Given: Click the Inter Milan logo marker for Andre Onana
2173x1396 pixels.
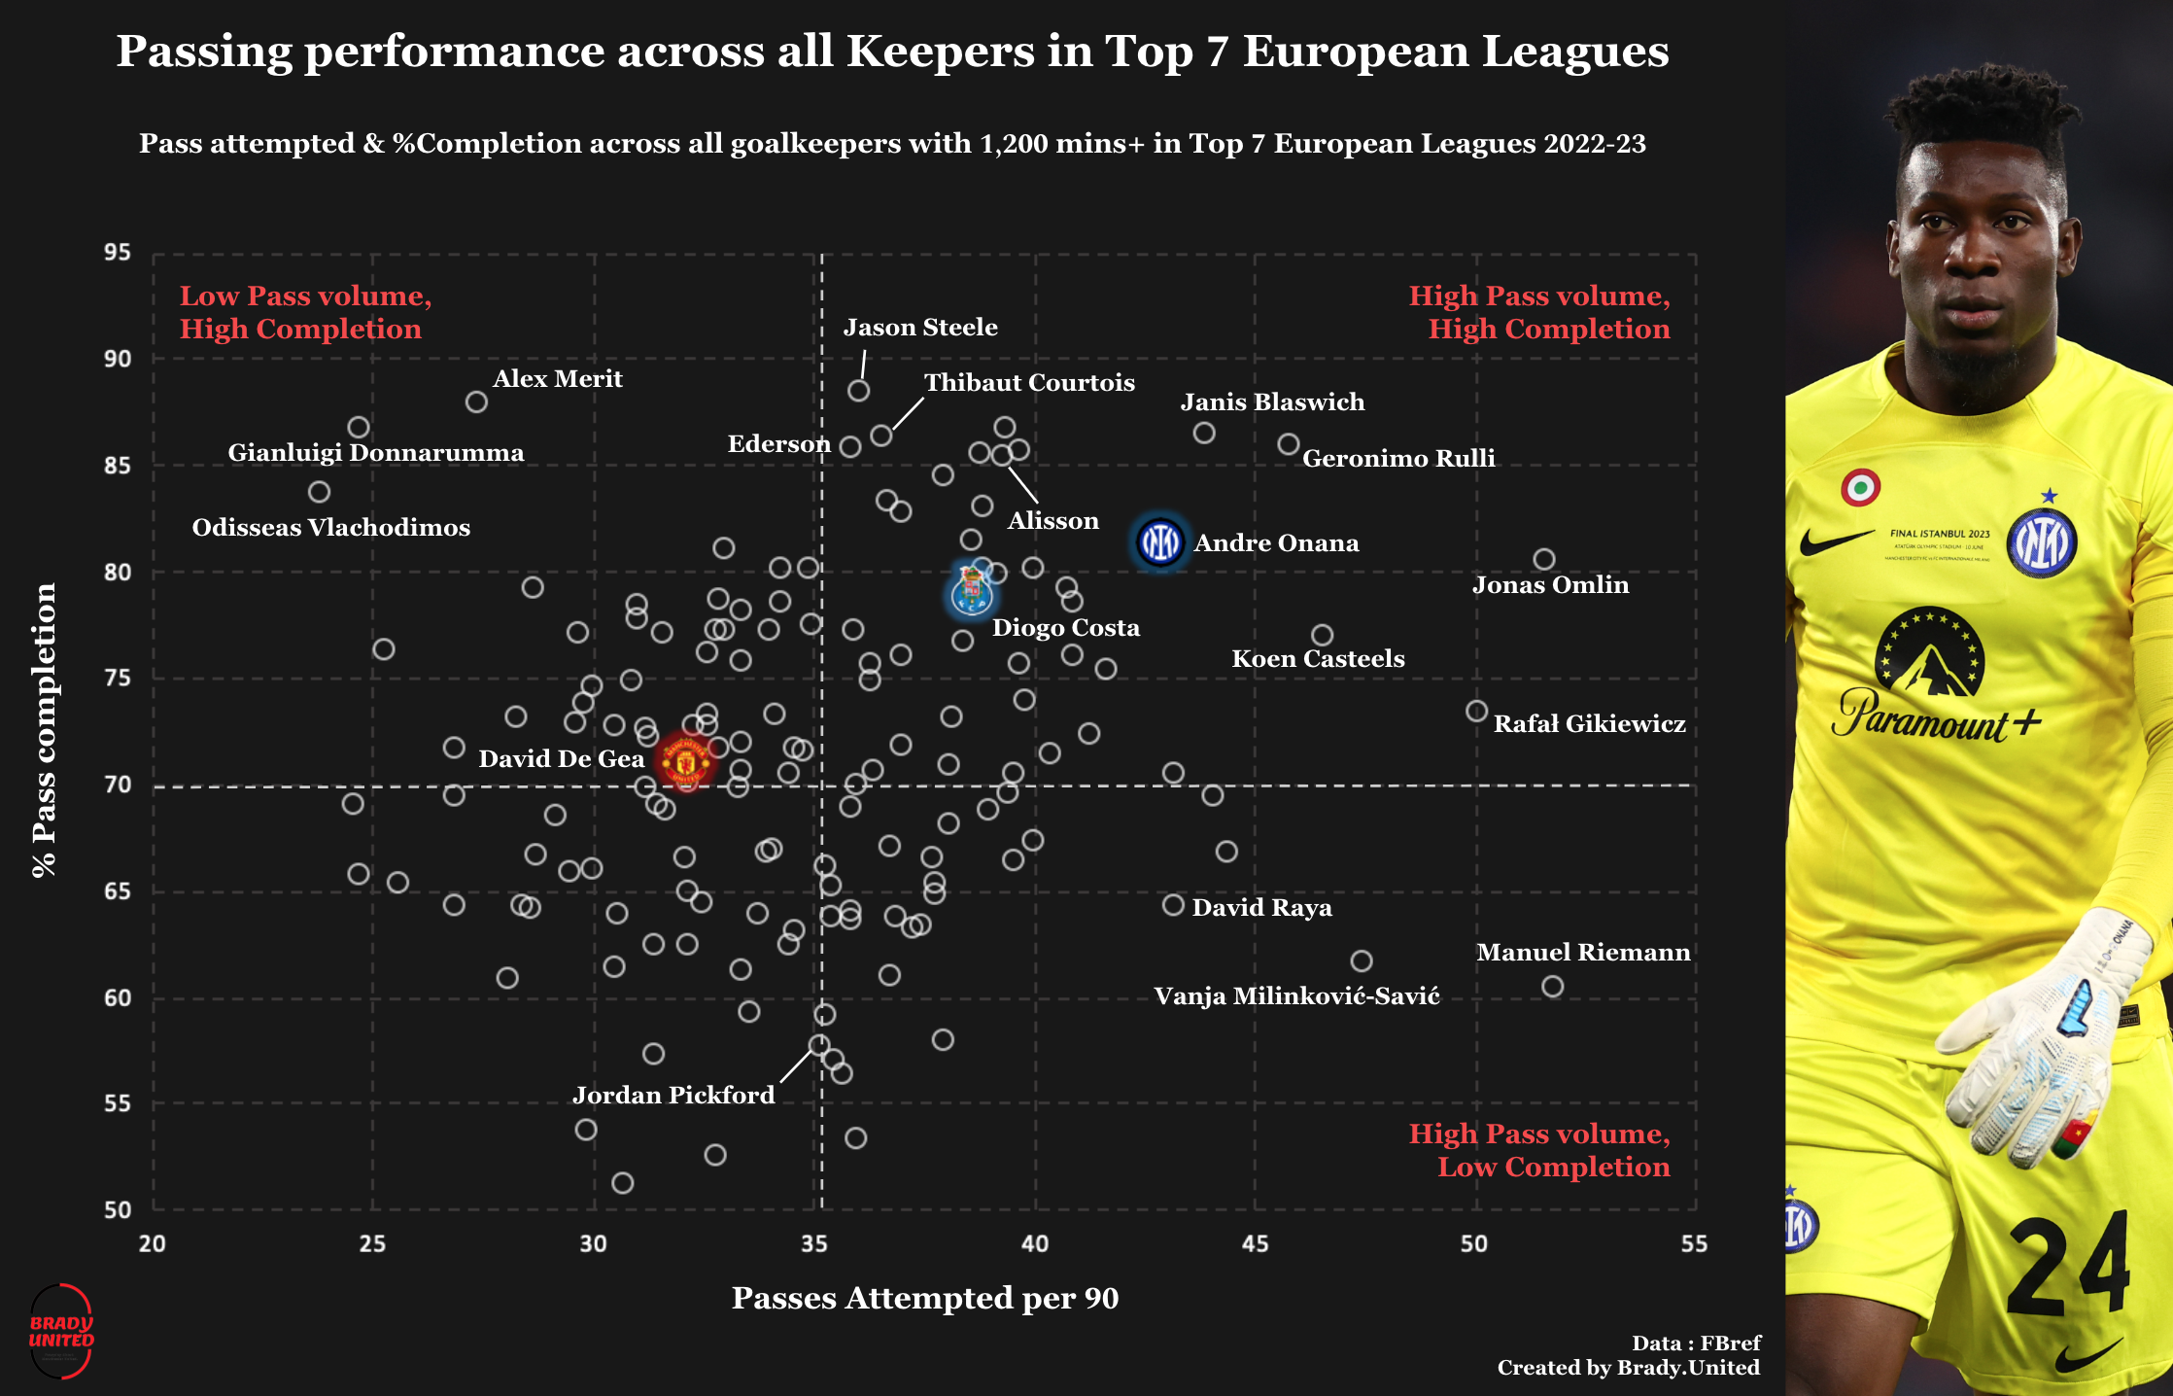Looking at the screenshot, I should tap(1159, 541).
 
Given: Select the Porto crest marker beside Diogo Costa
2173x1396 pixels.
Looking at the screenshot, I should tap(971, 591).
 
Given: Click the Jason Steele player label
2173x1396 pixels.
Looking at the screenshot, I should tap(919, 328).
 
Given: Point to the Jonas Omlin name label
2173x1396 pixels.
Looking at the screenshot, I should tap(1550, 585).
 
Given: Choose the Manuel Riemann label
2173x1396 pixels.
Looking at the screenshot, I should tap(1583, 953).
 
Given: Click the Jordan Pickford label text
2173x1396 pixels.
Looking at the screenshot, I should tap(673, 1096).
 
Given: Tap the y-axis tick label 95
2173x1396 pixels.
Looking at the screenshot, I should tap(118, 253).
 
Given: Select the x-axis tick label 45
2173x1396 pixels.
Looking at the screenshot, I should tap(1255, 1244).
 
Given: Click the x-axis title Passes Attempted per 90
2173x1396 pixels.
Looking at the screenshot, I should tap(924, 1299).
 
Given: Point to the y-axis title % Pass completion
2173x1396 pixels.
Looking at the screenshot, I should tap(45, 730).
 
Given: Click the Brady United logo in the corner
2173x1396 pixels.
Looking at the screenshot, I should tap(61, 1331).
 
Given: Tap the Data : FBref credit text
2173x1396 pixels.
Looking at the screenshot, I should tap(1696, 1344).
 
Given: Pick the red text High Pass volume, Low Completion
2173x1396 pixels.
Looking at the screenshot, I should tap(1539, 1150).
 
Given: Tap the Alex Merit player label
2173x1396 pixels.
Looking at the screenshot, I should tap(557, 379).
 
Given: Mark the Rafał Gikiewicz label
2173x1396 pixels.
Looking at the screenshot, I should tap(1589, 724).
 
